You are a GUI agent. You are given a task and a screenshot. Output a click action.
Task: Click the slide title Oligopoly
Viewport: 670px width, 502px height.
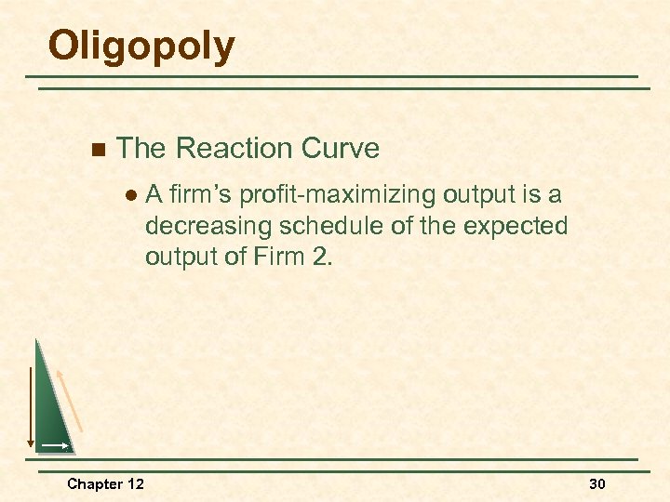tap(141, 46)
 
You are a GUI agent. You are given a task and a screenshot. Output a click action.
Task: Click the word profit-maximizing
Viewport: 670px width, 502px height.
tap(339, 196)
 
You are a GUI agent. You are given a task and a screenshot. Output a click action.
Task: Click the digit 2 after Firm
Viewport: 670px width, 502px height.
tap(321, 257)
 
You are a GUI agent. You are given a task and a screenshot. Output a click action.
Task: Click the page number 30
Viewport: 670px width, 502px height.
tap(597, 483)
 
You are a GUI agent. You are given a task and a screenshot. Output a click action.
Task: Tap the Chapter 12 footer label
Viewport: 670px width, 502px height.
tap(105, 483)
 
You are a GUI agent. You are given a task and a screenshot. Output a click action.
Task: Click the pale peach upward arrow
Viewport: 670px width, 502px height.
tap(72, 400)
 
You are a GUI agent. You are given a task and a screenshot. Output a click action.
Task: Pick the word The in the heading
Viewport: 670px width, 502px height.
tap(141, 149)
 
